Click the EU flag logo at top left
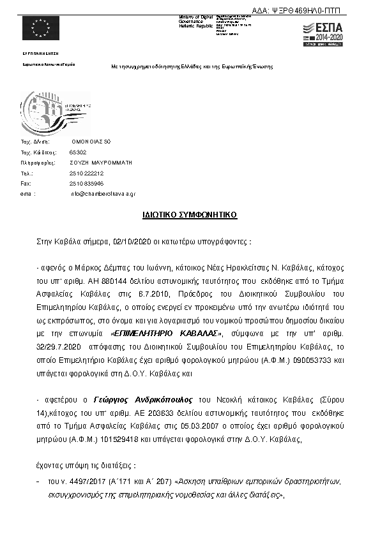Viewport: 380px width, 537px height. click(x=40, y=29)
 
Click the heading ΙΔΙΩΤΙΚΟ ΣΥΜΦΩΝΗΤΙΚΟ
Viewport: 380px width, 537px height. click(x=190, y=215)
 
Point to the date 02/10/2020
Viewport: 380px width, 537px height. click(x=128, y=243)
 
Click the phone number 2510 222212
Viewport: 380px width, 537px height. click(x=86, y=173)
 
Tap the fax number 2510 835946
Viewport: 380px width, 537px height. click(x=86, y=183)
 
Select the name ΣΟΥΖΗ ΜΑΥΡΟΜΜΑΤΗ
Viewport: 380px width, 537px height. click(x=101, y=163)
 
